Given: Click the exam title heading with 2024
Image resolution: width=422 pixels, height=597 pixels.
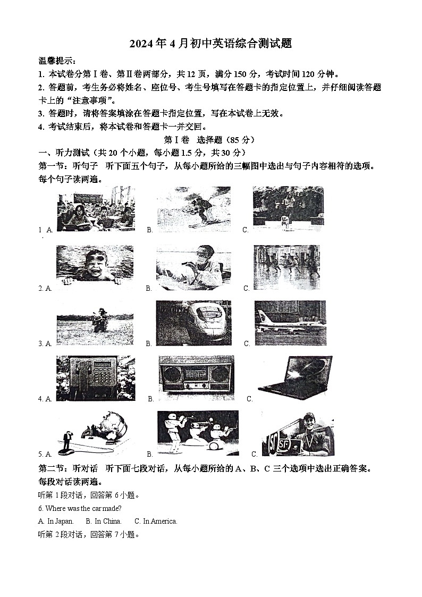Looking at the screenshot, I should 211,44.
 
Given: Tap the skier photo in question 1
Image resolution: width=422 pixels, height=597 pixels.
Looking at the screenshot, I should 194,208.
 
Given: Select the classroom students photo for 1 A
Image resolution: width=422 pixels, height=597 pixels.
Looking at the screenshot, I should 96,209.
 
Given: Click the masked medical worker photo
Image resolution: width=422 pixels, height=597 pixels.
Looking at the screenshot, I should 193,267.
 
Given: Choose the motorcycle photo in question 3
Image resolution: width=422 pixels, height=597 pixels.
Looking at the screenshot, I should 95,321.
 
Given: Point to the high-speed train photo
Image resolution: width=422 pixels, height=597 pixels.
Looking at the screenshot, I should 193,323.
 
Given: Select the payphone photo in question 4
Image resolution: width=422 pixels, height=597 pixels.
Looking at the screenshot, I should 95,378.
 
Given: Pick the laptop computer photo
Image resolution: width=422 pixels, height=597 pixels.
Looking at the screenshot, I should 296,377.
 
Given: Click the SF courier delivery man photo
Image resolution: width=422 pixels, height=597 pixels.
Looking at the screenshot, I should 298,434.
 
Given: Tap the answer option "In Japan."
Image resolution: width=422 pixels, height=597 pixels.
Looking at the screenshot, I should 56,521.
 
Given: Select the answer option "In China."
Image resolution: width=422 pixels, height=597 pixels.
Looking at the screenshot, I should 104,521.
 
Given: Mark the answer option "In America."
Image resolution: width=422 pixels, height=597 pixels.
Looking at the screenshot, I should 156,521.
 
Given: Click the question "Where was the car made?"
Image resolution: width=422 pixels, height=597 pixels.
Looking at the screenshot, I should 80,508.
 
